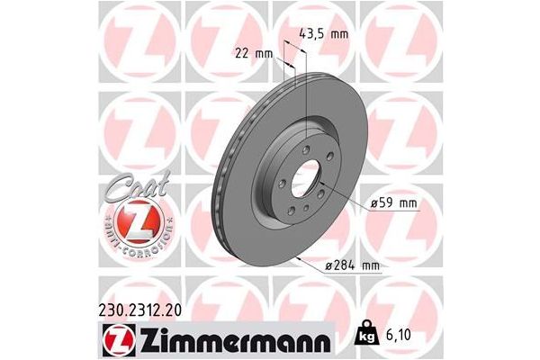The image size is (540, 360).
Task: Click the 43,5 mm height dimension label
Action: pos(322,34)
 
